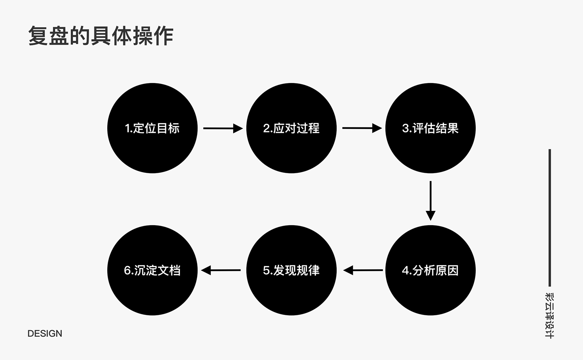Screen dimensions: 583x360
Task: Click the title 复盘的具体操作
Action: tap(101, 36)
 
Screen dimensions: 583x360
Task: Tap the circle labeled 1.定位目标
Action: tap(152, 128)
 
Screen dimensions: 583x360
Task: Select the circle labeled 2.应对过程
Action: tap(291, 128)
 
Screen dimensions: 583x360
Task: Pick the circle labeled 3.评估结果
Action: tap(431, 128)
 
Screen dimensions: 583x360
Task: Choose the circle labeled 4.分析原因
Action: tap(431, 270)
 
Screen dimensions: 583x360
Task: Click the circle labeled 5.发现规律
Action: tap(291, 270)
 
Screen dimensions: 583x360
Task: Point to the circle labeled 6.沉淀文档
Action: tap(152, 270)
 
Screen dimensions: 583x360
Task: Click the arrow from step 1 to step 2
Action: tap(223, 128)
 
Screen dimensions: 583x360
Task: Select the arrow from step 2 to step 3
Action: tap(362, 128)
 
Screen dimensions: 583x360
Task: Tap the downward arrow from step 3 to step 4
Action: tap(431, 201)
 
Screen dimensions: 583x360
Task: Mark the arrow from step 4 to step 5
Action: tap(363, 270)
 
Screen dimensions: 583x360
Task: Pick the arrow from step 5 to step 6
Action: tap(221, 270)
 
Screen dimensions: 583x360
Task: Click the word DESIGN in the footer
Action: tap(45, 334)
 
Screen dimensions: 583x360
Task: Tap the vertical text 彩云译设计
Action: tap(550, 315)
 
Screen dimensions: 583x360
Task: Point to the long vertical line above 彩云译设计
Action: tap(550, 218)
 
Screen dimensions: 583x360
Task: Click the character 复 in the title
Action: tap(38, 36)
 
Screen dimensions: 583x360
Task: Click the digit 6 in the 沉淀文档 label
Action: tap(127, 271)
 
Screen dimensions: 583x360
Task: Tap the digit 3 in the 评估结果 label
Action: tap(405, 128)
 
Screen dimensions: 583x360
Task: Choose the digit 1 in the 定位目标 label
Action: tap(127, 128)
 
